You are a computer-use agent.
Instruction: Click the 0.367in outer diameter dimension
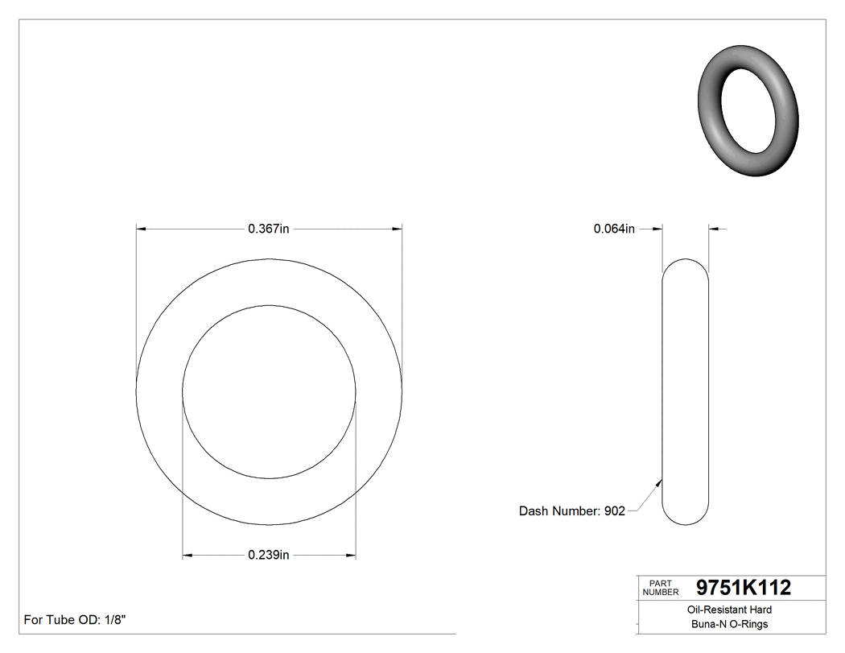point(268,229)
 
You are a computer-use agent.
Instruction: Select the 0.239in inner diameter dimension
point(269,555)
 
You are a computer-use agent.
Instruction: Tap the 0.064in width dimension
point(614,229)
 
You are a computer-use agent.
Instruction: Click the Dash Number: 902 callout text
point(571,511)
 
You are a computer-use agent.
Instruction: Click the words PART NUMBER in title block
point(661,588)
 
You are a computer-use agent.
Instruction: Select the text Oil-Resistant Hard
point(730,610)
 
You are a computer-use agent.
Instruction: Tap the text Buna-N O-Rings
point(730,624)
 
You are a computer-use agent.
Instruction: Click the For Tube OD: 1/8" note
point(75,620)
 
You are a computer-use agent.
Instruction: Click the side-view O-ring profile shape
point(685,392)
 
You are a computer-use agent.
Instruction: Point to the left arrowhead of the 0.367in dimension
point(141,229)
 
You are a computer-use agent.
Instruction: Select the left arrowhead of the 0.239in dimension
point(188,555)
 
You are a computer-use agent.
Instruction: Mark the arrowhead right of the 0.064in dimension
point(714,229)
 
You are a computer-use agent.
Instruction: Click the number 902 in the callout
point(615,511)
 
